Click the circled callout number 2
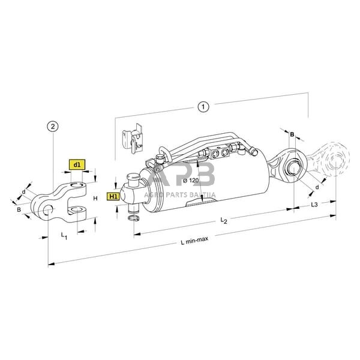point(53,126)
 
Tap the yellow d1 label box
point(77,164)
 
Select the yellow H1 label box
point(113,196)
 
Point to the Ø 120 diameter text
point(189,180)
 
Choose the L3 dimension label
point(314,205)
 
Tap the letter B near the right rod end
point(292,134)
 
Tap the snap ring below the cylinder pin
point(135,223)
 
